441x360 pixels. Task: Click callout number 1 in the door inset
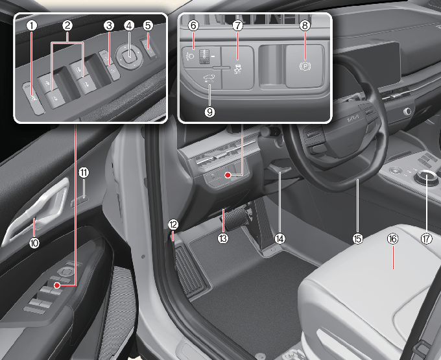coord(32,26)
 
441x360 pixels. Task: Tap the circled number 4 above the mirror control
coord(129,26)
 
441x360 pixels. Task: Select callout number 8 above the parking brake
coord(305,25)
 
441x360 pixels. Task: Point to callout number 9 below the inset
coord(210,112)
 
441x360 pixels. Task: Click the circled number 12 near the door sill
coord(173,224)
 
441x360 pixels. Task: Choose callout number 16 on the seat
coord(392,239)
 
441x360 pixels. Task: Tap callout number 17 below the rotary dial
coord(426,239)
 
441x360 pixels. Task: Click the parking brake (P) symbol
coord(305,66)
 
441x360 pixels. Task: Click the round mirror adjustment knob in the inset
coord(129,56)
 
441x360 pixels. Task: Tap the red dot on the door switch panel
coord(57,285)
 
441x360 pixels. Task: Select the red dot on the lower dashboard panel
coord(228,175)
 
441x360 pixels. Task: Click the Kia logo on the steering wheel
coord(353,119)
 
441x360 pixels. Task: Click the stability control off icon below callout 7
coord(238,69)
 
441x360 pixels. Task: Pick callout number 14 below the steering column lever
coord(280,239)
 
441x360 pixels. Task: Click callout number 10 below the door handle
coord(34,243)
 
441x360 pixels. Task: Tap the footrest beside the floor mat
coord(191,270)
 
